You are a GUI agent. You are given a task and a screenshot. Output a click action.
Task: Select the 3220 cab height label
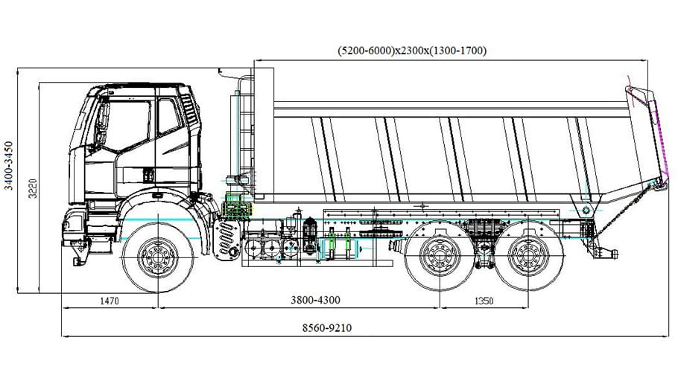(x=30, y=190)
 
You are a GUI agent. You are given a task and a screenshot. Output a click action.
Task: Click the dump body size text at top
(x=412, y=51)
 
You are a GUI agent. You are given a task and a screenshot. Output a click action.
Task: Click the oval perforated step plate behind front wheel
(x=226, y=239)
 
